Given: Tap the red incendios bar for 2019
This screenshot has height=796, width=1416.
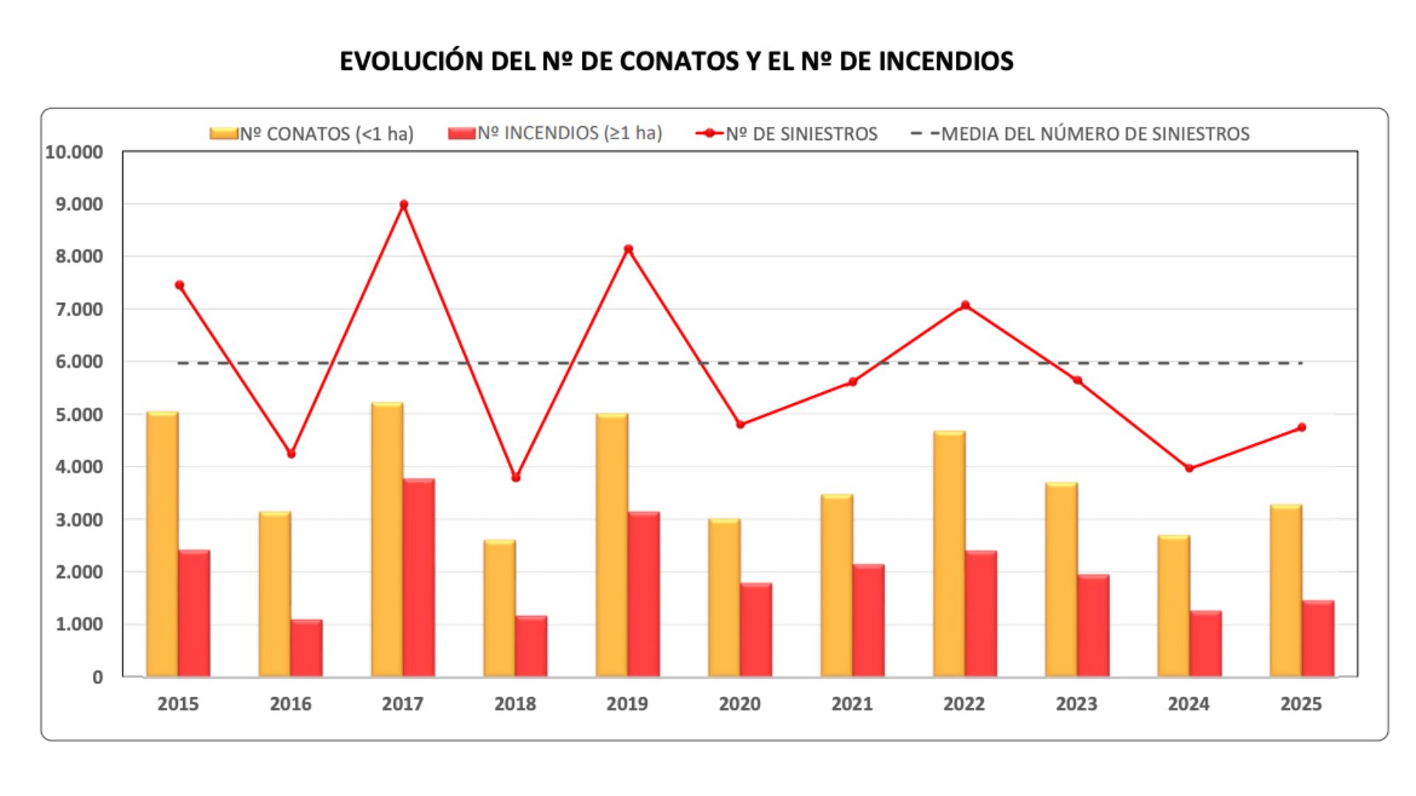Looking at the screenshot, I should point(644,594).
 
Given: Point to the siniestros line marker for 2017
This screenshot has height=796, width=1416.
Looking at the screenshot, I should point(403,204).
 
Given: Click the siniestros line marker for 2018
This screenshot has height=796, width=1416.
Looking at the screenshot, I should point(516,478).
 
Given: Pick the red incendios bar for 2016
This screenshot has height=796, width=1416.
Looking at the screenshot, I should point(306,648).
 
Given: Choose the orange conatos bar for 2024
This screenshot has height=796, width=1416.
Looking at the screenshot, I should point(1173,606).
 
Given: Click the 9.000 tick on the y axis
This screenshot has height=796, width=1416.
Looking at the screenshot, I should point(74,204).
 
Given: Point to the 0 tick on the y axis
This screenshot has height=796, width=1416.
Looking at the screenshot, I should point(97,677).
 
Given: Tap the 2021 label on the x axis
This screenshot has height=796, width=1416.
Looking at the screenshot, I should point(852,704).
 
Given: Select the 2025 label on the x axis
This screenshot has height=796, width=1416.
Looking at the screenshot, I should point(1301,704).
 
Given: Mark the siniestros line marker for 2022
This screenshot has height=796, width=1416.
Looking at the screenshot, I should point(965,305).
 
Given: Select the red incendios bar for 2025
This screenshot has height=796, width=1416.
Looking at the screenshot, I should point(1318,638).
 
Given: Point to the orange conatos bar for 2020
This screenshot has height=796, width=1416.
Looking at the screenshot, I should point(724,598).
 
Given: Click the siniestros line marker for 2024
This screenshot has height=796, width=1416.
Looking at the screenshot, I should point(1190,468).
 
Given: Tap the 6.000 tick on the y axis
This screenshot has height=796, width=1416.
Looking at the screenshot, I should point(74,362).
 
